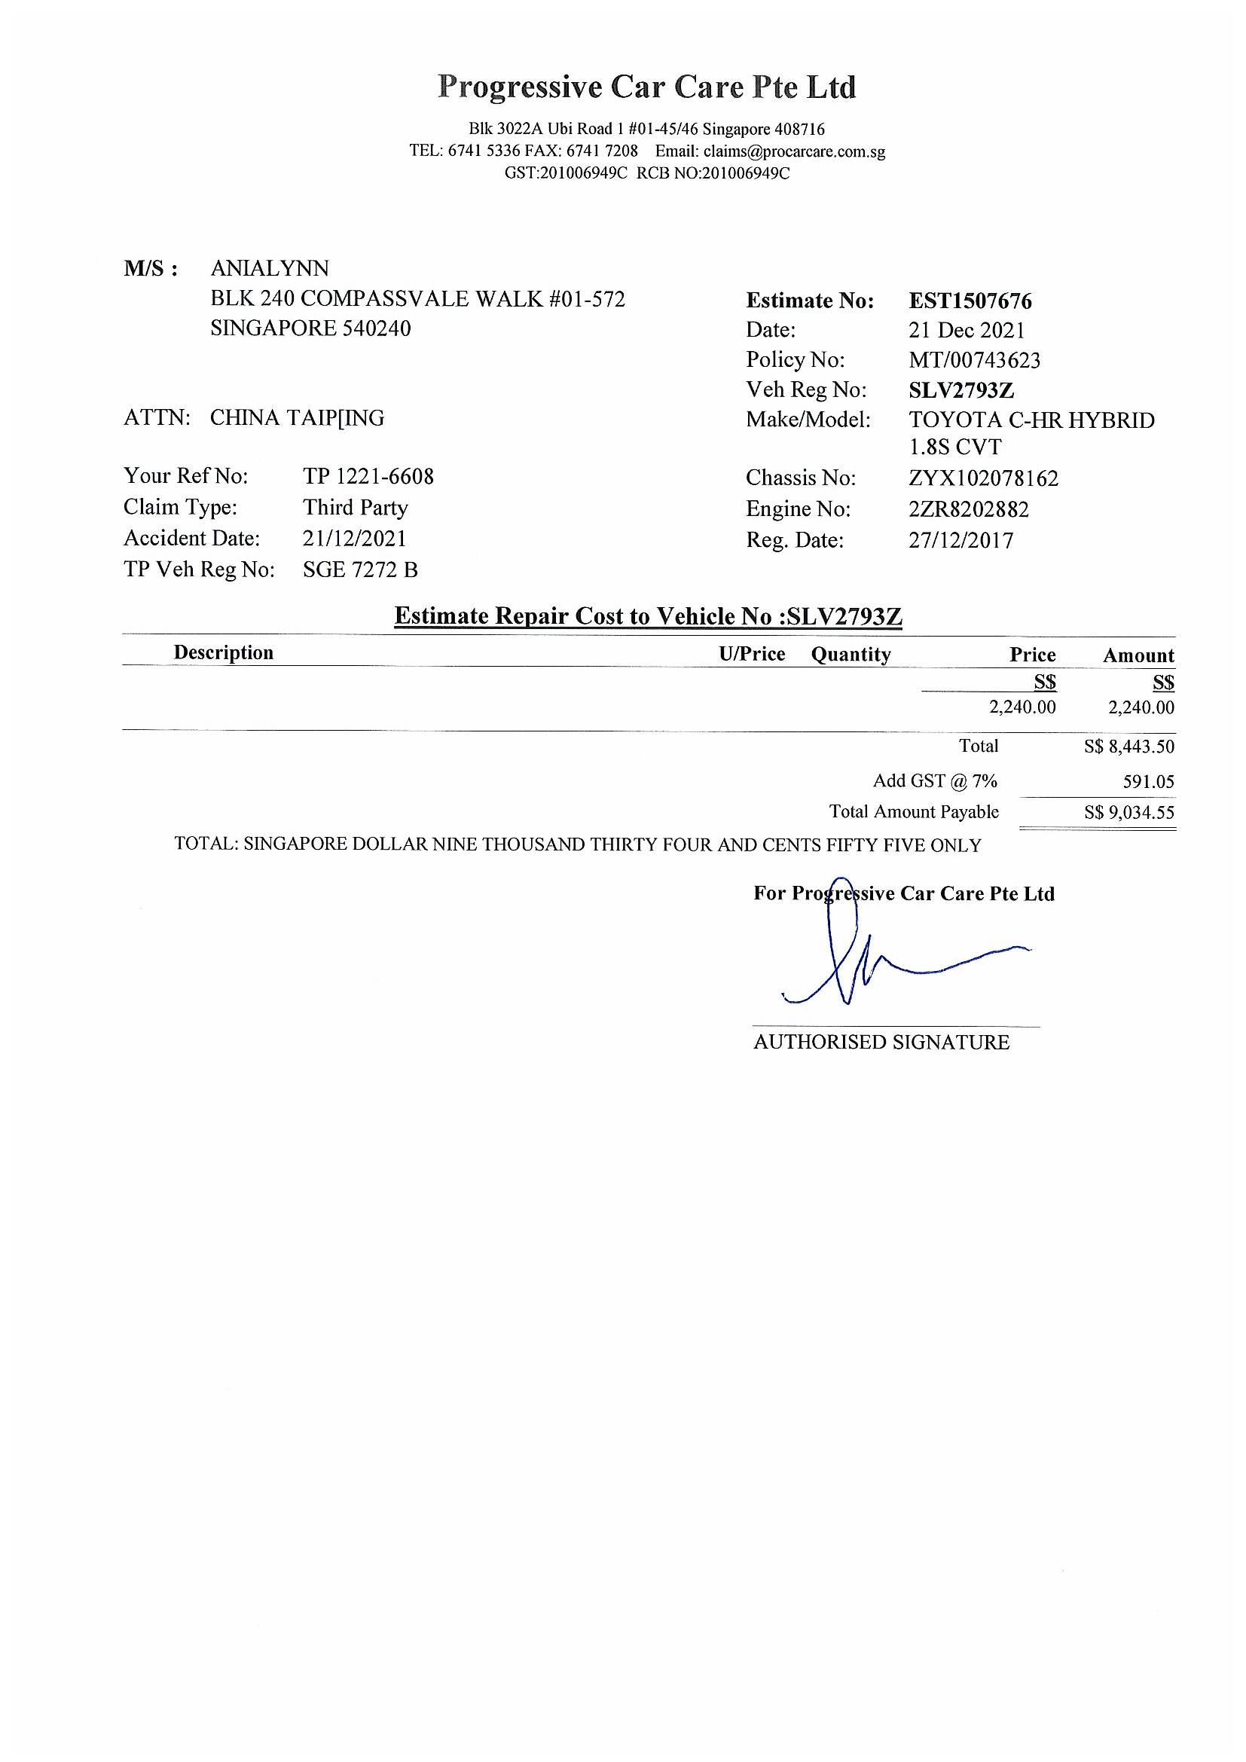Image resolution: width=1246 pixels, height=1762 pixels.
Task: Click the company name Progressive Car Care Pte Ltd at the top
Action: click(x=647, y=87)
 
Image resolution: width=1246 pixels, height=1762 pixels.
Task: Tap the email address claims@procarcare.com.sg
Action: click(x=794, y=151)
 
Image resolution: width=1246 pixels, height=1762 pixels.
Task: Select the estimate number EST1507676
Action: click(x=970, y=301)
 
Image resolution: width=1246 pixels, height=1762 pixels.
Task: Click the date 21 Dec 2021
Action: click(x=967, y=331)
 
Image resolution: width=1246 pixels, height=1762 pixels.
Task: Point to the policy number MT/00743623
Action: click(x=974, y=360)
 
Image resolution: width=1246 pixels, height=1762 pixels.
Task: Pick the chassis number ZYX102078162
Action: click(x=983, y=479)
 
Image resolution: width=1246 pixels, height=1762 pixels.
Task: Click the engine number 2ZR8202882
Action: click(x=968, y=509)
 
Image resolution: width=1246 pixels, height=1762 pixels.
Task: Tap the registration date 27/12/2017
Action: click(x=960, y=540)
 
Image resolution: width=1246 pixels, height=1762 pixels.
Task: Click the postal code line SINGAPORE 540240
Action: click(x=310, y=328)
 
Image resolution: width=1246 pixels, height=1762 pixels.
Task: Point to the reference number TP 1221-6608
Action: click(x=368, y=477)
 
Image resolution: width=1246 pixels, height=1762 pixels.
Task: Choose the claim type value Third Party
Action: click(x=356, y=508)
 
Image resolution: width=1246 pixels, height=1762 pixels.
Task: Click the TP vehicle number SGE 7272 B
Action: click(x=361, y=570)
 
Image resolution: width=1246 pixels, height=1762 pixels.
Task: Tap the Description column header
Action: click(x=223, y=653)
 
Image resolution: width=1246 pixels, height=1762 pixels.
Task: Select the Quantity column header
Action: click(x=851, y=655)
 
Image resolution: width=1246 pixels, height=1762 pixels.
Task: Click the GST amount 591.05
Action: click(x=1148, y=782)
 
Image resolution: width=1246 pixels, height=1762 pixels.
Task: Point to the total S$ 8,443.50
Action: click(x=1128, y=747)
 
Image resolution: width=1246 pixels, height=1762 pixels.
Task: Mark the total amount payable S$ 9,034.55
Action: click(x=1128, y=812)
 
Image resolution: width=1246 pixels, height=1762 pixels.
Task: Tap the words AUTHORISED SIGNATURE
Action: click(x=881, y=1042)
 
